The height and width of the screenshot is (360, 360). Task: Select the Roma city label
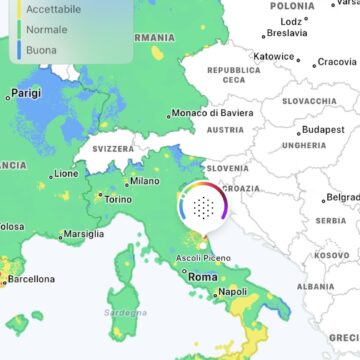pos(203,276)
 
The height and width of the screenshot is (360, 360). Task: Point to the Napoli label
pos(232,292)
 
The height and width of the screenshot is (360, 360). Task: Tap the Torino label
pos(118,199)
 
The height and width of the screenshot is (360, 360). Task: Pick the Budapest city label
pos(322,129)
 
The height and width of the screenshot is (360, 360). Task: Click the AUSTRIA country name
pos(224,129)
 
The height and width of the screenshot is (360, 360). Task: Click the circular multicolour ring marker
pos(203,207)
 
